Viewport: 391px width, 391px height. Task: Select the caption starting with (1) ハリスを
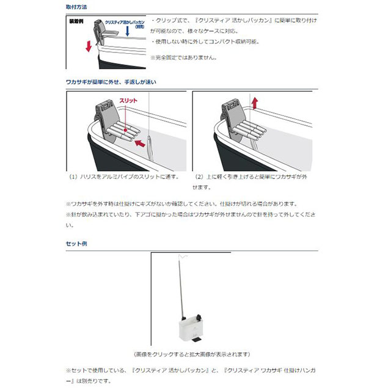[x=125, y=177]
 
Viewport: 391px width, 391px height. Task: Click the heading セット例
[x=76, y=243]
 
